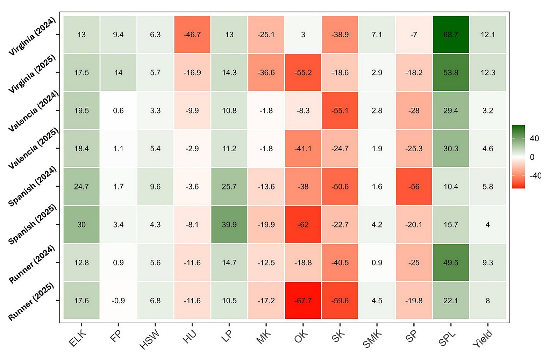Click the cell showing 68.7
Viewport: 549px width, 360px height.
click(451, 35)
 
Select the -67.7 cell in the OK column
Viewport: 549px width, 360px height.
click(303, 301)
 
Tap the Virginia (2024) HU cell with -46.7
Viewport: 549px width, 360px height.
click(192, 35)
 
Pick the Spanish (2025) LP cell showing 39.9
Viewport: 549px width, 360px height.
click(229, 225)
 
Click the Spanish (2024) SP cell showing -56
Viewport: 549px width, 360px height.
click(414, 187)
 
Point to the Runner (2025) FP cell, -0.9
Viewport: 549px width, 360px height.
click(119, 301)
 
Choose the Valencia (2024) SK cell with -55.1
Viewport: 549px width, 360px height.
click(340, 110)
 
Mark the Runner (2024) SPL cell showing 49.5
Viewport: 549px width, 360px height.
click(451, 262)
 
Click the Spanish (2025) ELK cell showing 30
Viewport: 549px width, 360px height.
click(81, 225)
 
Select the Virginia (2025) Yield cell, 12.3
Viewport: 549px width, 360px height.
click(488, 72)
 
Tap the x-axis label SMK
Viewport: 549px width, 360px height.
click(372, 339)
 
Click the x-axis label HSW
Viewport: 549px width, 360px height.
click(149, 339)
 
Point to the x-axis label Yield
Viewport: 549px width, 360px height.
click(483, 339)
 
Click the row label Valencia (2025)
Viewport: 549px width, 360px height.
click(33, 149)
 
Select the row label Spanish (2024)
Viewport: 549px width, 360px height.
click(33, 187)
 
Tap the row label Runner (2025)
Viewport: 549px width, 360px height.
click(31, 302)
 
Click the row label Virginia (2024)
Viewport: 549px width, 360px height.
click(32, 36)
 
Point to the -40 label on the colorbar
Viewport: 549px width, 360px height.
click(535, 175)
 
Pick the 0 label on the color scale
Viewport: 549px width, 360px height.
click(532, 157)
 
